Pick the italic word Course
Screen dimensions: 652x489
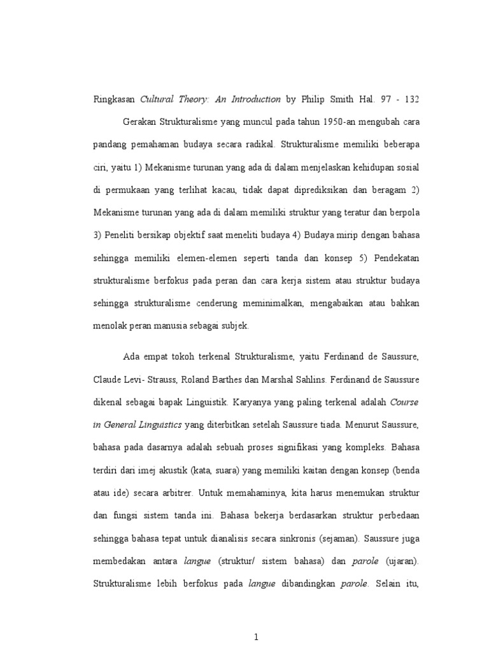tap(404, 402)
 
